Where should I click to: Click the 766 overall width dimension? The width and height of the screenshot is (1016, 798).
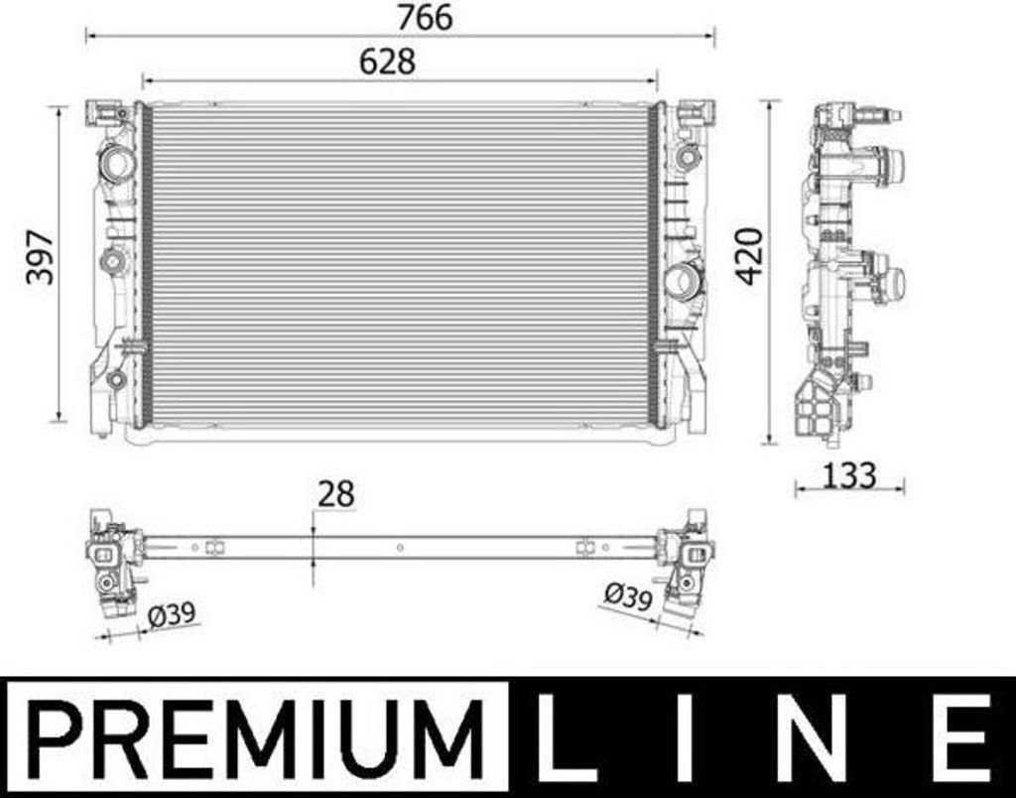click(x=424, y=17)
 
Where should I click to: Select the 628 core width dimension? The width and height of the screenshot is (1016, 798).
click(x=387, y=62)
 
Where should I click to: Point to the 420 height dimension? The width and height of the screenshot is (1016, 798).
click(x=750, y=256)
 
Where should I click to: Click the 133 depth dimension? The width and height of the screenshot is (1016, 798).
click(x=849, y=475)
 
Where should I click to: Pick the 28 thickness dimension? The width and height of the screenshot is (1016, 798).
click(x=336, y=493)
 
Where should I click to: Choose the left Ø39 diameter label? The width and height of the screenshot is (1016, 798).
click(x=171, y=615)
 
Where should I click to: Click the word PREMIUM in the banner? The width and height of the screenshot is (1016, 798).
click(x=255, y=737)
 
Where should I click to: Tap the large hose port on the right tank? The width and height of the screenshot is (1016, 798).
click(x=684, y=281)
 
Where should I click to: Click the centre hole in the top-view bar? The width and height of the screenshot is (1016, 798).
click(x=399, y=546)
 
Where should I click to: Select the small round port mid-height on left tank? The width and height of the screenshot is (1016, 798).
click(x=113, y=262)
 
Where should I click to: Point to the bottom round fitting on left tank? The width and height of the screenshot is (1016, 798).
click(x=116, y=378)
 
